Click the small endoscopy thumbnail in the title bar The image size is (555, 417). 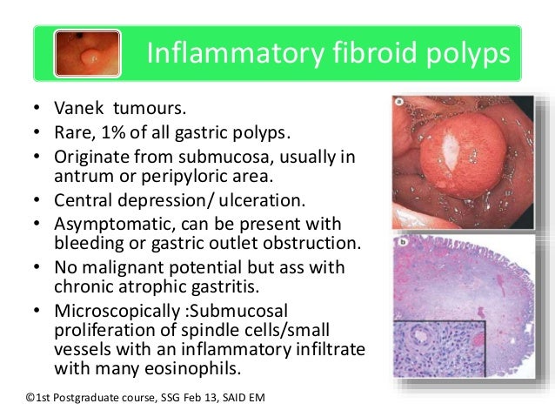pyautogui.click(x=87, y=53)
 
